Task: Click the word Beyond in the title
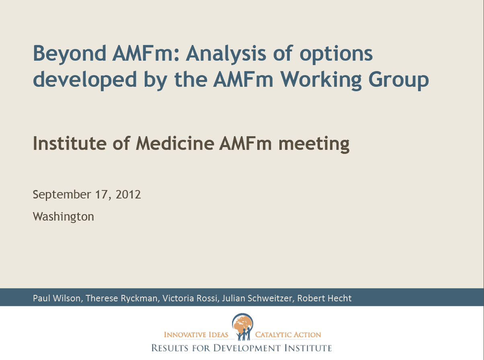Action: pos(70,54)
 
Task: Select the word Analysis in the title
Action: pos(226,54)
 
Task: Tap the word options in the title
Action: pos(336,54)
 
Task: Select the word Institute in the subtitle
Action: pos(70,143)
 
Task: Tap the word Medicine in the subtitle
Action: pos(175,143)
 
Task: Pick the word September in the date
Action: pos(62,194)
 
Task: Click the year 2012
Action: pos(128,194)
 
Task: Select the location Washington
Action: pos(64,217)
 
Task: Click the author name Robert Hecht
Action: pos(324,298)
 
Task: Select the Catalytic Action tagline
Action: pos(288,335)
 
